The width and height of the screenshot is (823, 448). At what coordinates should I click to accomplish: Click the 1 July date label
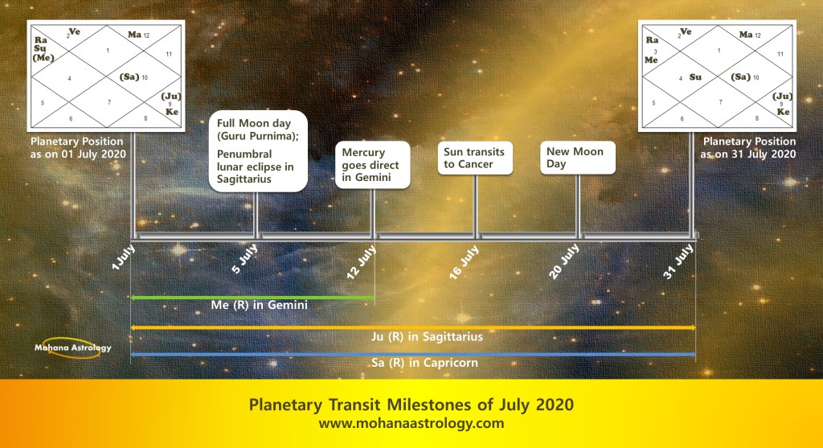[124, 257]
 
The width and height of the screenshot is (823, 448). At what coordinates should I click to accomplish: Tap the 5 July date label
[244, 258]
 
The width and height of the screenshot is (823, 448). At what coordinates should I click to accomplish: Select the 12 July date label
[362, 261]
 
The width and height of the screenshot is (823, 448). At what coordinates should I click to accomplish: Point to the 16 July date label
[464, 261]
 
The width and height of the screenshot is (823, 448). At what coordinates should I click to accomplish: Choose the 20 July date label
[564, 261]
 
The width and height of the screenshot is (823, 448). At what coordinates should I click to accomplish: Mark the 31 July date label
[678, 261]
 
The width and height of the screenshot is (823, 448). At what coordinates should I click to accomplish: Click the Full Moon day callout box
[258, 150]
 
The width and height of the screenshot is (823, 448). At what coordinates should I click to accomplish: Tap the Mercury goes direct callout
[373, 164]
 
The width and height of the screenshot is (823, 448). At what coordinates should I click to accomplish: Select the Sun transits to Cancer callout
[475, 158]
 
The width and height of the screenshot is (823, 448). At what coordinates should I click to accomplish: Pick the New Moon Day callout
[577, 158]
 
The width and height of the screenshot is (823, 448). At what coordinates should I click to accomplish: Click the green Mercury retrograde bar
[252, 298]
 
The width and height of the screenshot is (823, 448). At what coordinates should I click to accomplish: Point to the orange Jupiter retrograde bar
[413, 327]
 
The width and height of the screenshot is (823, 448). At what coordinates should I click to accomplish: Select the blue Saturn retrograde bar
[413, 355]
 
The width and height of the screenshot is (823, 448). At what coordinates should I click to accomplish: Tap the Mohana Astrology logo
[72, 347]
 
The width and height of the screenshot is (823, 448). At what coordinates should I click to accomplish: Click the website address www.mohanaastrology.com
[411, 423]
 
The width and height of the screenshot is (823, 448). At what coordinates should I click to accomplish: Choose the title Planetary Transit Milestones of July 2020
[411, 405]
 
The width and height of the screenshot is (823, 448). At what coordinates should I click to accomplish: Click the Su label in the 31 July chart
[695, 77]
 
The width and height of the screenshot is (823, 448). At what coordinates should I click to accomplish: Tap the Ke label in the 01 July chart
[172, 112]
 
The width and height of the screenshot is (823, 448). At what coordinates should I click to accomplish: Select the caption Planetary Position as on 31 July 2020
[748, 147]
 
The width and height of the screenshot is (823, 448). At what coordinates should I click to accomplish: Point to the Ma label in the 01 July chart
[134, 35]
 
